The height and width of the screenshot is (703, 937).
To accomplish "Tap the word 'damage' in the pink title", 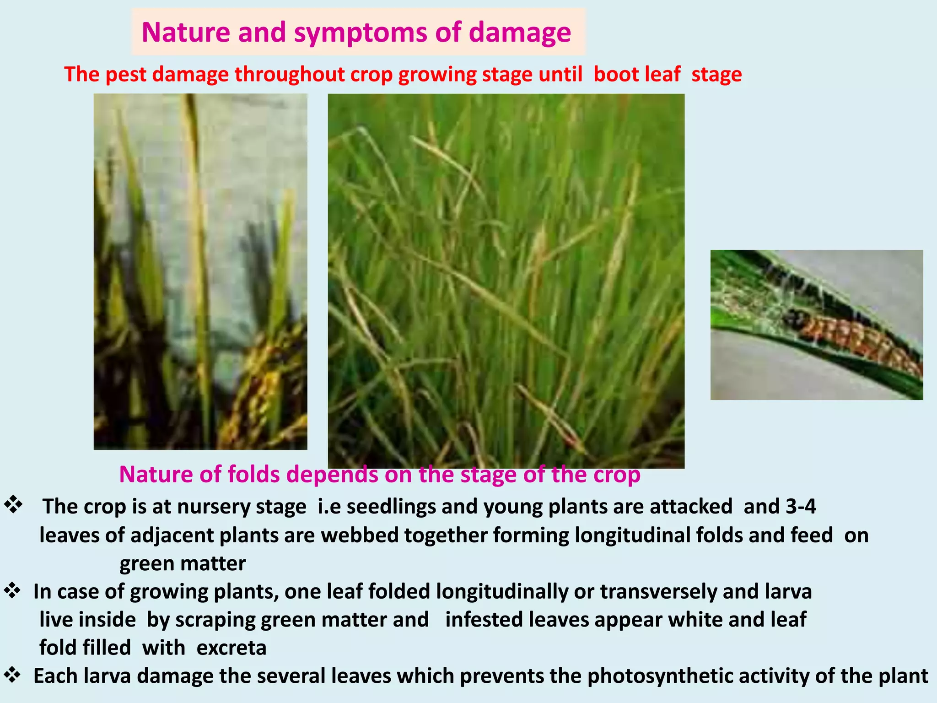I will (x=520, y=33).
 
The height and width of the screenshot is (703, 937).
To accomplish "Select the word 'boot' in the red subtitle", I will (x=613, y=74).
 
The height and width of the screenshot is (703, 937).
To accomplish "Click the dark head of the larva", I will (x=792, y=316).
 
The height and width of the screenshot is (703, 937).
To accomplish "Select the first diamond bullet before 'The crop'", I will (x=13, y=505).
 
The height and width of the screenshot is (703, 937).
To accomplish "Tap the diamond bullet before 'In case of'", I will (x=12, y=590).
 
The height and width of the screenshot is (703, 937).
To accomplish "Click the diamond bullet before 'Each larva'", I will (x=12, y=675).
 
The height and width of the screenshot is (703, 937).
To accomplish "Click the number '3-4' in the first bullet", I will (x=801, y=507).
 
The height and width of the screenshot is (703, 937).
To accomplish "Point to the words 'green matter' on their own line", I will (x=182, y=563).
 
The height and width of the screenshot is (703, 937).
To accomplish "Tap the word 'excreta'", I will (x=232, y=648).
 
